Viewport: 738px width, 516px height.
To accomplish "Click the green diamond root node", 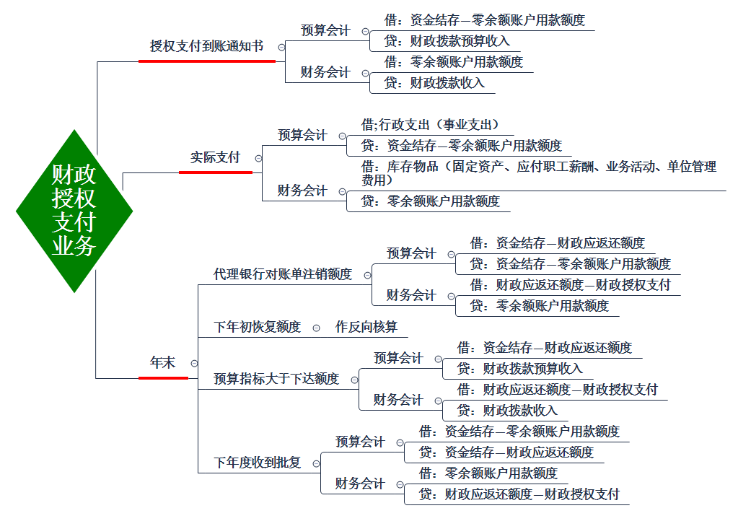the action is pyautogui.click(x=74, y=211).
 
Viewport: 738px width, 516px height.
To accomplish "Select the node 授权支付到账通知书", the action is pyautogui.click(x=206, y=46).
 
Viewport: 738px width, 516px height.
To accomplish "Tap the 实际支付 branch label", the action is pyautogui.click(x=215, y=157).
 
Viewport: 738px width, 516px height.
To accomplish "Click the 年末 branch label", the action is pyautogui.click(x=162, y=362).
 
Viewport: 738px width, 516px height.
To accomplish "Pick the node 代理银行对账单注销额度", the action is pyautogui.click(x=282, y=274).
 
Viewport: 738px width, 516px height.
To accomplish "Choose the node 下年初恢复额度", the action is pyautogui.click(x=257, y=327).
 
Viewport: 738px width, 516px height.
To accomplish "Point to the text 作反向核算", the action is pyautogui.click(x=366, y=327).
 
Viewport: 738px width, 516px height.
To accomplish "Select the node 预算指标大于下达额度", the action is pyautogui.click(x=276, y=379).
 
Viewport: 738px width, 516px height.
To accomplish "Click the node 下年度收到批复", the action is pyautogui.click(x=257, y=463).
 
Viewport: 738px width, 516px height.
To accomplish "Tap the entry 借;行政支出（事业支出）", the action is pyautogui.click(x=430, y=125).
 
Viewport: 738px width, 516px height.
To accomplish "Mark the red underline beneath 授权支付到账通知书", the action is pyautogui.click(x=207, y=61).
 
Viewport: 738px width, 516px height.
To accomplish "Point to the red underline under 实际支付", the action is pyautogui.click(x=216, y=172).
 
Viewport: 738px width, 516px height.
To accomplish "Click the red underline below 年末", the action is pyautogui.click(x=163, y=377).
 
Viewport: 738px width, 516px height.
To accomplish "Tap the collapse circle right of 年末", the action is pyautogui.click(x=194, y=364).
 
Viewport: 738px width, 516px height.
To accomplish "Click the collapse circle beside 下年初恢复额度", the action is pyautogui.click(x=316, y=328).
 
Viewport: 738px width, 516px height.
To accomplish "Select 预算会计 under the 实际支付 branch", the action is pyautogui.click(x=302, y=135).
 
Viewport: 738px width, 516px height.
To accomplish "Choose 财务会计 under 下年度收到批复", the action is pyautogui.click(x=360, y=484).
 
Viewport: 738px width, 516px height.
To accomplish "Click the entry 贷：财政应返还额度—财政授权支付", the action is pyautogui.click(x=519, y=494).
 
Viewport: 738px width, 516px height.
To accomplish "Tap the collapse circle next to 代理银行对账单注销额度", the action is pyautogui.click(x=368, y=276).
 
